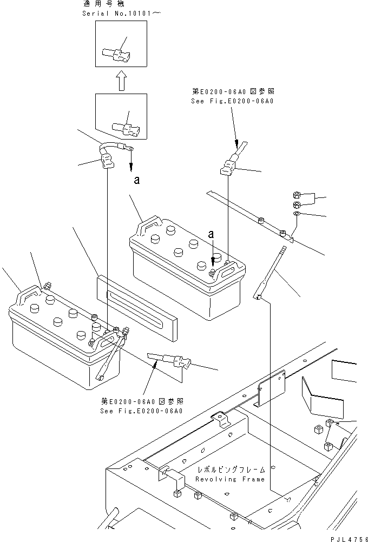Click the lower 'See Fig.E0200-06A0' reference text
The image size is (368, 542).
click(142, 410)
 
